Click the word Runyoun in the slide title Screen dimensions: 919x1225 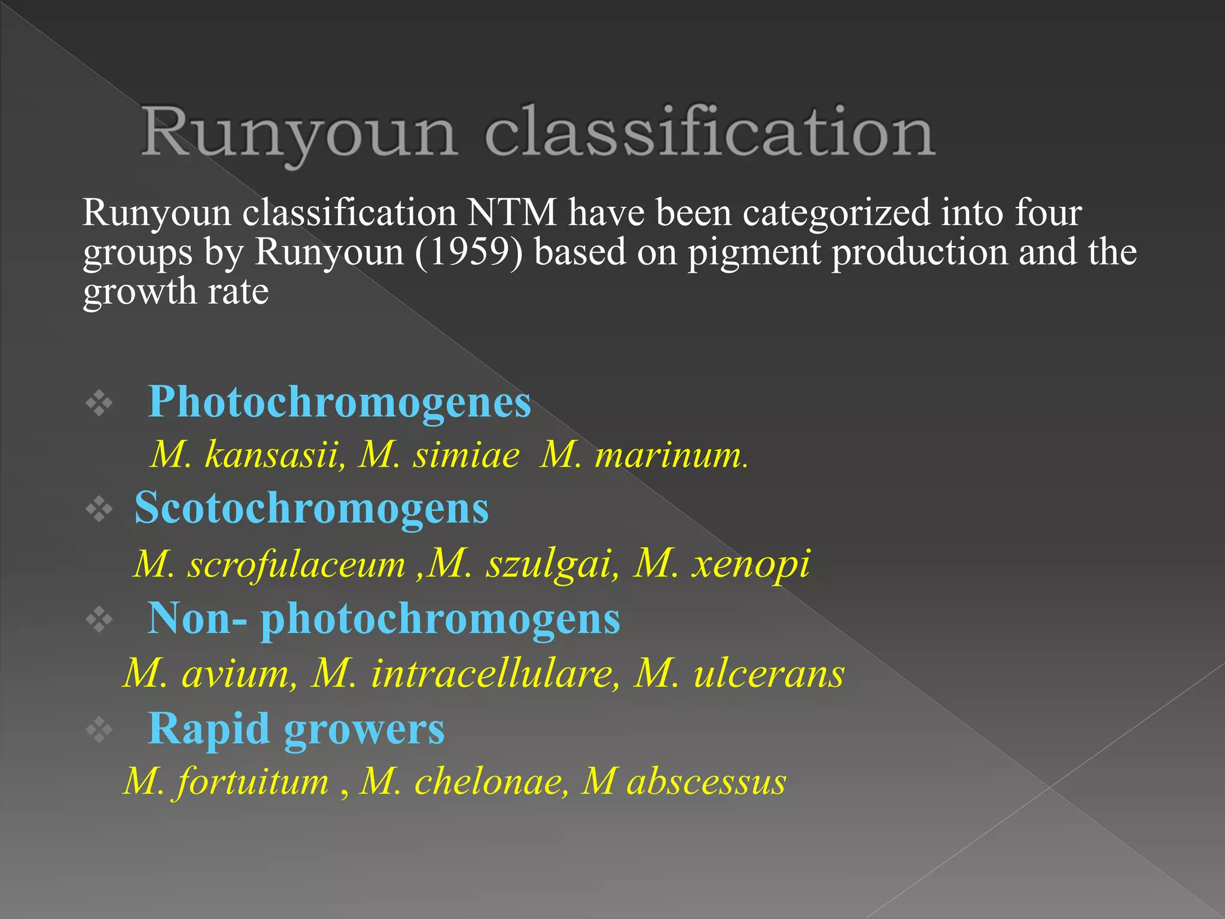299,133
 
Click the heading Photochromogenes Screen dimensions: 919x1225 339,402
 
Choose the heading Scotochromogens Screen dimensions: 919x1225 312,508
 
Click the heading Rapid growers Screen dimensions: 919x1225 296,729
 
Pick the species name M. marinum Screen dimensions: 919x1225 643,455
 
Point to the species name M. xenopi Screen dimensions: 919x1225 721,564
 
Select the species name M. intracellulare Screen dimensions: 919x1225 465,674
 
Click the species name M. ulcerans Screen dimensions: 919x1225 739,674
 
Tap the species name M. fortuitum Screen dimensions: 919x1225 226,781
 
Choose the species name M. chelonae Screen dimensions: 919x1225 464,781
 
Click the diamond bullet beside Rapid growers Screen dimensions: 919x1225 99,729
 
